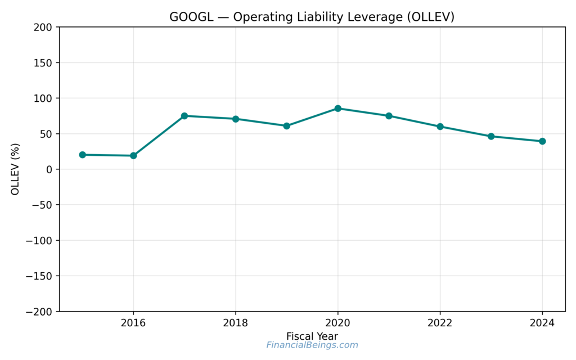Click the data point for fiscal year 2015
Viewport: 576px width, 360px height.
[83, 155]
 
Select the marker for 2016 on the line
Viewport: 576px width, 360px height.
[133, 156]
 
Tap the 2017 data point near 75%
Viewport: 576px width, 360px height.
[184, 116]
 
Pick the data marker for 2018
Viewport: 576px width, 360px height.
[236, 119]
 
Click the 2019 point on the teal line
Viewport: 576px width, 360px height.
[287, 126]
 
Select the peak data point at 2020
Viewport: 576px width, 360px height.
[338, 109]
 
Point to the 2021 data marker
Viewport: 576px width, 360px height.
[389, 116]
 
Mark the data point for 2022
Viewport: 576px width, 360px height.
[440, 127]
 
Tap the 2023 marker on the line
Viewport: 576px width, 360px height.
[491, 136]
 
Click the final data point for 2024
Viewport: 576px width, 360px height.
[542, 141]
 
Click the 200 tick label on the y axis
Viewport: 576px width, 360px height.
[43, 27]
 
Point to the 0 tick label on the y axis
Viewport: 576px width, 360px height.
[49, 169]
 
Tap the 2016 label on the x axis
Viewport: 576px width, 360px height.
[133, 323]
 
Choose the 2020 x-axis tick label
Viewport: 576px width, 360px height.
[338, 323]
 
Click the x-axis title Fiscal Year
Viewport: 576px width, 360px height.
[312, 336]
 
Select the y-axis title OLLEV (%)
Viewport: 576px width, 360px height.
[15, 169]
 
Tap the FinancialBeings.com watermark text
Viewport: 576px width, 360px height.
[312, 345]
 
